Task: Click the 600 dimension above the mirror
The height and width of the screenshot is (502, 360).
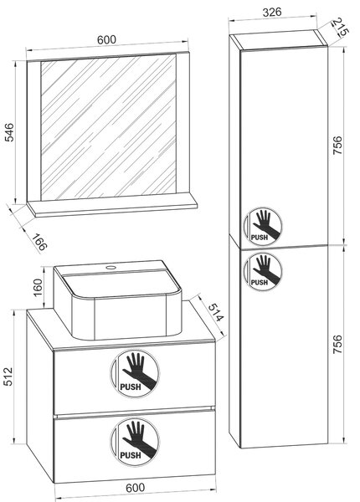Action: coord(106,40)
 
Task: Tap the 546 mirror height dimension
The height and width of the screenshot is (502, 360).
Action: coord(10,132)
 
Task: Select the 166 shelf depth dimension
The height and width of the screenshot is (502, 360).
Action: coord(39,242)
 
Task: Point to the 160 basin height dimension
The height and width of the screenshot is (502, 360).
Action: coord(38,288)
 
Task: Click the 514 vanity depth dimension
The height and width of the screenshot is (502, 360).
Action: coord(215,312)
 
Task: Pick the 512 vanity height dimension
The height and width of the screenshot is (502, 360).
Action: coord(8,376)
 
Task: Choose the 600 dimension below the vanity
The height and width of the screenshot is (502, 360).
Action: coord(135,488)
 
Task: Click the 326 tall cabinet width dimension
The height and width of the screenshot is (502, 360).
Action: coord(272,13)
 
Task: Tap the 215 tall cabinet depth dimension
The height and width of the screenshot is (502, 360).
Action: coord(340,27)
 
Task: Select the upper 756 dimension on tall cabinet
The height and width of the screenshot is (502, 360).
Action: coord(337,146)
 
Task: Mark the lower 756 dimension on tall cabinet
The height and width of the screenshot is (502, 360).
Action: coord(337,344)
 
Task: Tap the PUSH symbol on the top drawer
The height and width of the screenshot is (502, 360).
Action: coord(135,374)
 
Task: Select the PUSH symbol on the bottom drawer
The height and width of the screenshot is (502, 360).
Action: coord(135,442)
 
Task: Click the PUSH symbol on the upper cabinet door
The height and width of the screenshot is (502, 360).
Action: coord(263,227)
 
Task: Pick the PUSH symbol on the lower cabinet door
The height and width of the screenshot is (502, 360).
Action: coord(263,271)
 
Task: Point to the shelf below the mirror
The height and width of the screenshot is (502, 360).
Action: coord(112,207)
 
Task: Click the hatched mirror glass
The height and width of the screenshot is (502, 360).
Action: coord(108,127)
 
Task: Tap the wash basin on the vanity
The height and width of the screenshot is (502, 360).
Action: coord(117,300)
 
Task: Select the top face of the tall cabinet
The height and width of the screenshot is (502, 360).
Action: coord(278,39)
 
